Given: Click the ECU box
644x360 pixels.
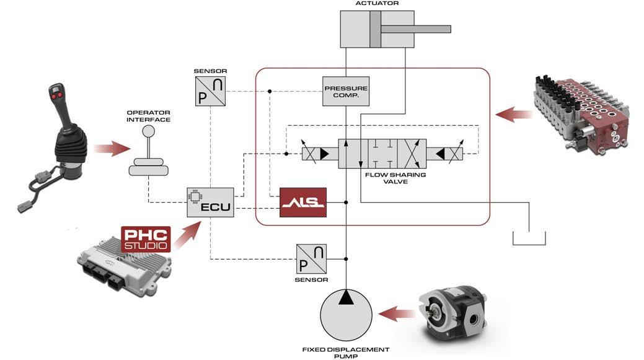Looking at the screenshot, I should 211,202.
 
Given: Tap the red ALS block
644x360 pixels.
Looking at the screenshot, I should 302,202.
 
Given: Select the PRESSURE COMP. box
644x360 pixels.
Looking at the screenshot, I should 346,92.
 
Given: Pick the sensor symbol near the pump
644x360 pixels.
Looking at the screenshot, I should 311,258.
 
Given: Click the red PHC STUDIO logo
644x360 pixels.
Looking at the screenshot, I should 145,239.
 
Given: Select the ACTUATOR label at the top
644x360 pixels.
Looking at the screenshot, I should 376,4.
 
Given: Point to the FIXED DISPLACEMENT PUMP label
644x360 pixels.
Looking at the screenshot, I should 345,353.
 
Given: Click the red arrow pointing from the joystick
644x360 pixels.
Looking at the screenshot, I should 111,149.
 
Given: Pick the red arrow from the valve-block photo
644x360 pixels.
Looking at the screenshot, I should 513,114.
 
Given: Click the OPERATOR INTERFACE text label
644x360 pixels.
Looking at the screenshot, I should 148,116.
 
